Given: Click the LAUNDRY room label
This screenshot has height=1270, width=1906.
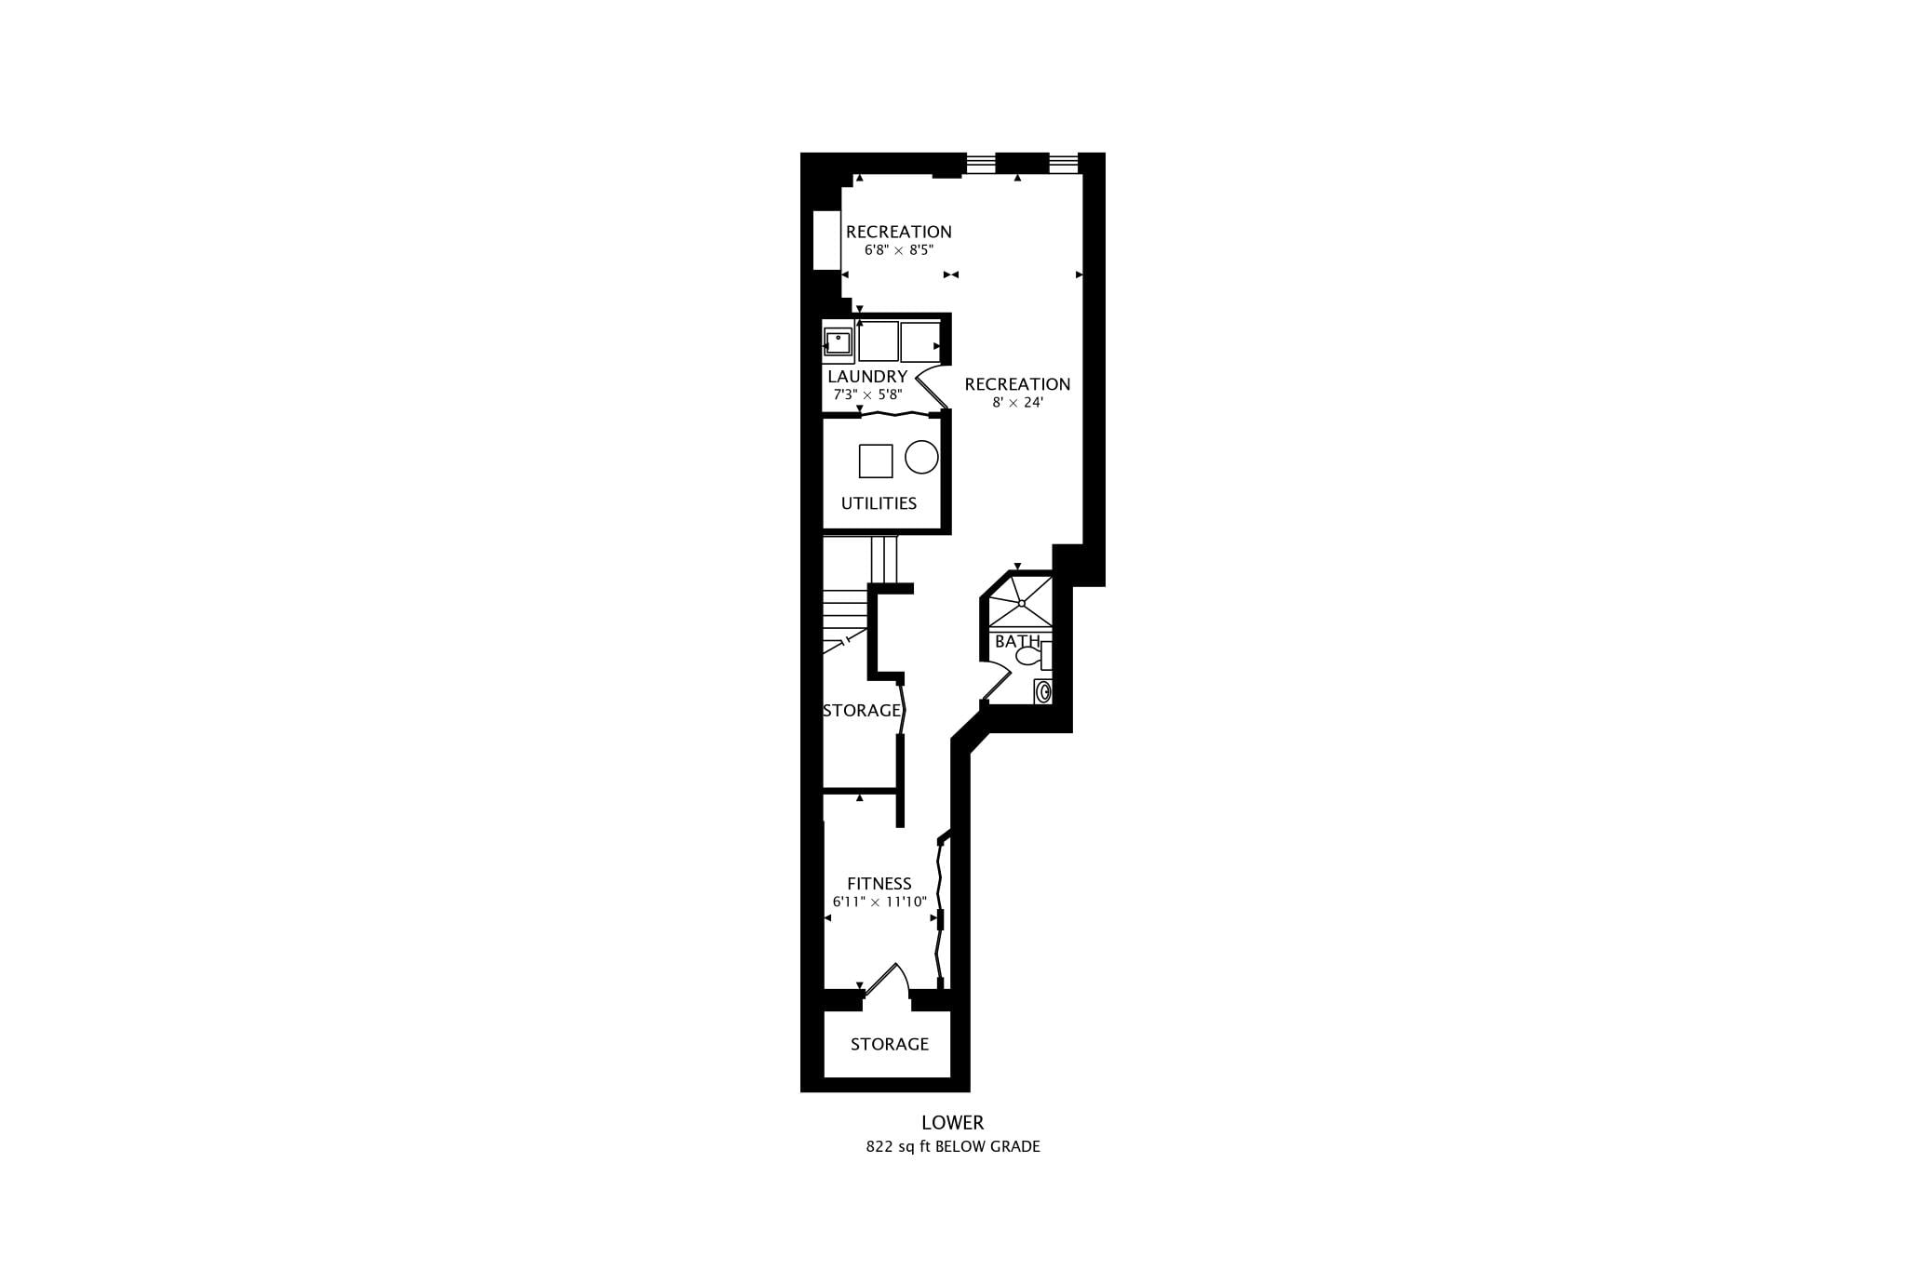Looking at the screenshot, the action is click(867, 377).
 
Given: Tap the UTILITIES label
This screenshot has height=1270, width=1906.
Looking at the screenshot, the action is click(879, 503).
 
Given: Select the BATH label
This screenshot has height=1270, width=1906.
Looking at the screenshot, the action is click(1017, 642).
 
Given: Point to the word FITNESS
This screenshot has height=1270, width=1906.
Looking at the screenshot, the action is click(879, 884).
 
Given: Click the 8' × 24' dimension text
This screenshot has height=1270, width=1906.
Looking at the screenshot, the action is click(1017, 403).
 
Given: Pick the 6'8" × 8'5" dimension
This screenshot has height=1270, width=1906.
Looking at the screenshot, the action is click(898, 250).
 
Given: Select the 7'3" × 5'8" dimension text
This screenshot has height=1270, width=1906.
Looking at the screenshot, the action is click(867, 394).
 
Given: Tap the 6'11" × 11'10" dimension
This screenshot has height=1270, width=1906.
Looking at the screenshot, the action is click(879, 902).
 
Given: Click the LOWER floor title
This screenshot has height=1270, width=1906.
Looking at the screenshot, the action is click(952, 1123).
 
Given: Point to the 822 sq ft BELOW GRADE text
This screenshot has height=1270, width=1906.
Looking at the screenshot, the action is click(953, 1147).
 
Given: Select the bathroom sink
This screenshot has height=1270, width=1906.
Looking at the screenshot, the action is click(1043, 691).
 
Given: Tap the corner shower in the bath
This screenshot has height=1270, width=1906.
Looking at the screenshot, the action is click(1020, 602).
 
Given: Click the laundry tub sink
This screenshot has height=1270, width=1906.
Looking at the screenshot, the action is click(839, 342).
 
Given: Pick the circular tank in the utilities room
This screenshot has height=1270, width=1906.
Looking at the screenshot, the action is click(921, 457).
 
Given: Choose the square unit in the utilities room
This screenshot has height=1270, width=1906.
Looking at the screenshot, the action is click(876, 461).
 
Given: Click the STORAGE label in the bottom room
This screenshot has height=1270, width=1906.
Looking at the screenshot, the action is click(890, 1045).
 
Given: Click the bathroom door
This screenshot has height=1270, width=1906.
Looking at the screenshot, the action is click(998, 682).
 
